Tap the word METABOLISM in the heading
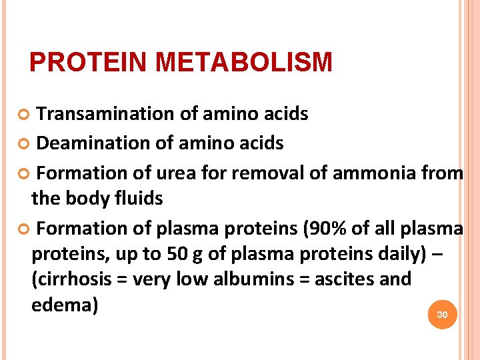pyautogui.click(x=243, y=62)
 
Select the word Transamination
pyautogui.click(x=106, y=114)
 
